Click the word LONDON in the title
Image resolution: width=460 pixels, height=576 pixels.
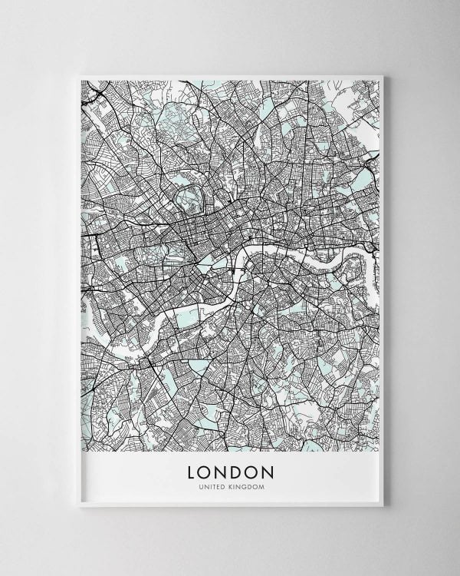(x=230, y=469)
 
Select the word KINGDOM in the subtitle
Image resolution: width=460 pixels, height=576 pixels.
(x=245, y=485)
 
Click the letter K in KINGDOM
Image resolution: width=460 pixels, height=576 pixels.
(x=231, y=485)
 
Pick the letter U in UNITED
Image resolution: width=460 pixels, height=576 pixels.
(x=199, y=485)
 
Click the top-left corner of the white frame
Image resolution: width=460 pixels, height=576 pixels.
(x=76, y=72)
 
